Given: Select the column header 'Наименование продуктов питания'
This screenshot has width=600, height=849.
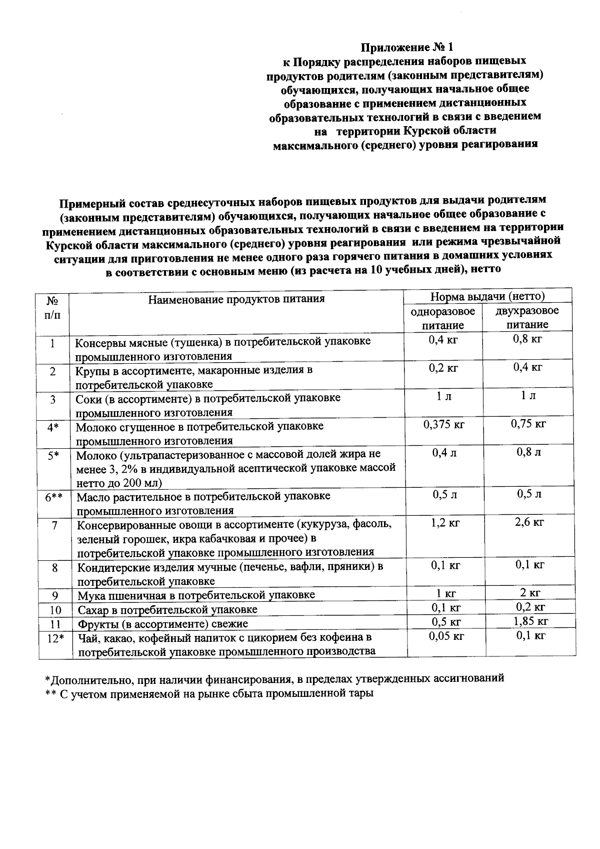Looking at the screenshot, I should pos(236,299).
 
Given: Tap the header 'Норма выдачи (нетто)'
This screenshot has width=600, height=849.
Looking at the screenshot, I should pos(487,297).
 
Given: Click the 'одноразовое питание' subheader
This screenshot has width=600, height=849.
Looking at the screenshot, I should pos(443,318).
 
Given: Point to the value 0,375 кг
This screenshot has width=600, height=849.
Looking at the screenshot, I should pos(444,425).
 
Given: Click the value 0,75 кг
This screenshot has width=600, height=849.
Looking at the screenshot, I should pos(528,424).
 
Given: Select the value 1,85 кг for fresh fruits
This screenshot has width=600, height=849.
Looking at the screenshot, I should pos(530,621).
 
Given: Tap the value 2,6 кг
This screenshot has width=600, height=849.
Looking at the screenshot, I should pos(529,522).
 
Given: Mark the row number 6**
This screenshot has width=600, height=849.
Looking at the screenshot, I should pos(53,497).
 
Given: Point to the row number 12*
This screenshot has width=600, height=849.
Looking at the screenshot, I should pos(54,638).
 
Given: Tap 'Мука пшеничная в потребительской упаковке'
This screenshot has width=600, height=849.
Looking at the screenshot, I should pos(196,595).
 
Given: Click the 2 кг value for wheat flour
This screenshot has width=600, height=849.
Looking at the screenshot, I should pos(530,593).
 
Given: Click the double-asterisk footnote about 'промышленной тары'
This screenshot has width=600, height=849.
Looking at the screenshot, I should pos(209,694).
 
